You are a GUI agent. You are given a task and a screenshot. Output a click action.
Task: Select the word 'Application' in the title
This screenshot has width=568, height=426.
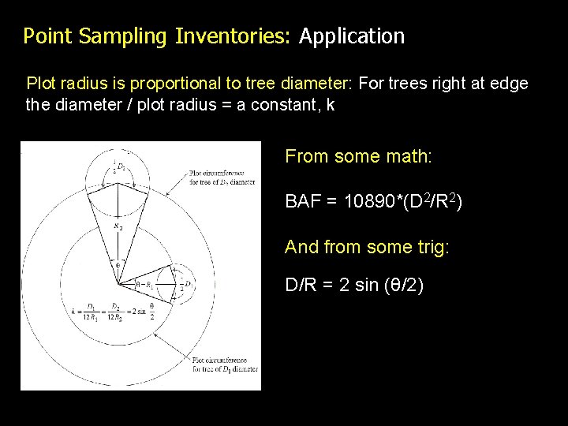pos(352,36)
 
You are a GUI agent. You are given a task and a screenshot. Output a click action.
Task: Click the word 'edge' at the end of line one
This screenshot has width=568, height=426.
pos(510,84)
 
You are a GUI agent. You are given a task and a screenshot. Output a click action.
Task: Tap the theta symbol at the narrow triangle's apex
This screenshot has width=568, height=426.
pos(118,266)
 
